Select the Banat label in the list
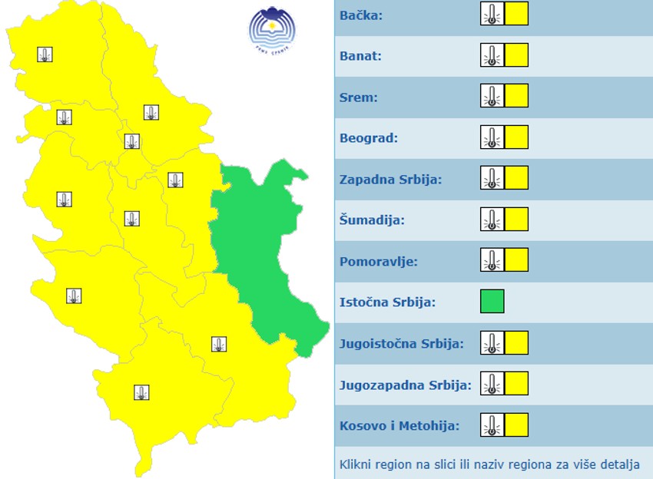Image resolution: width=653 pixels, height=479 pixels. (360, 56)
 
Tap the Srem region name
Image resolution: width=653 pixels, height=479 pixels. (358, 97)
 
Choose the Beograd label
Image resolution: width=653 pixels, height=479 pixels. (369, 138)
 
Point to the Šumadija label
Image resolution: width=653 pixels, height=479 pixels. (372, 220)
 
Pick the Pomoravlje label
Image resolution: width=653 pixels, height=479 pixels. (379, 261)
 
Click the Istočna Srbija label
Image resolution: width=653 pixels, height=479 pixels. (387, 302)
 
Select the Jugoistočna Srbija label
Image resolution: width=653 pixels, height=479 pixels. (402, 343)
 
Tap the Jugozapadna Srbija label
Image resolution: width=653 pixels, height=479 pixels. (406, 385)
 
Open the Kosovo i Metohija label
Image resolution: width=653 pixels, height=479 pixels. (399, 425)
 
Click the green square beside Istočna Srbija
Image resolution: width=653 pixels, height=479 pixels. (492, 302)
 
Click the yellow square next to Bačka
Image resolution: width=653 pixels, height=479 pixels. (516, 14)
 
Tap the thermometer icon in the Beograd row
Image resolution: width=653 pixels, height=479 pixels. (492, 137)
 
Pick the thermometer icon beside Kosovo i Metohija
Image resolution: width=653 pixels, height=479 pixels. (492, 424)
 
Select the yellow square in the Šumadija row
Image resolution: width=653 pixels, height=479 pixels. (516, 220)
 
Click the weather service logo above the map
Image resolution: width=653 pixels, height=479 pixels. (272, 29)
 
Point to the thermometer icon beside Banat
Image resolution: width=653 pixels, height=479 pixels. (492, 55)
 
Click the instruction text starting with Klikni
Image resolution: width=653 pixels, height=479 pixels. (489, 464)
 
